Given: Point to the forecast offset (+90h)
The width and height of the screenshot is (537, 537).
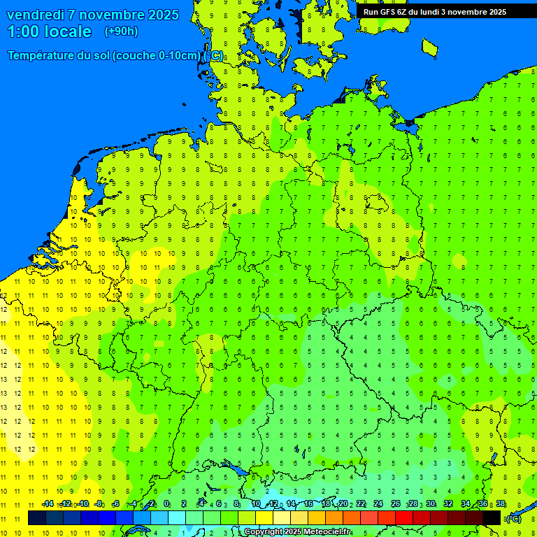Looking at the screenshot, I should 121,31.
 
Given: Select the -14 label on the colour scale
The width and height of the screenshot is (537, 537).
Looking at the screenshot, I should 47,504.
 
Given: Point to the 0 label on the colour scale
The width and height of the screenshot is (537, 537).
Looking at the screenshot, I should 166,504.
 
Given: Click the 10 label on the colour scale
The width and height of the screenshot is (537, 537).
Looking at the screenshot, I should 256,504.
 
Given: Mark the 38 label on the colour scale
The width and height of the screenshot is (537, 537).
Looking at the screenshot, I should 501,504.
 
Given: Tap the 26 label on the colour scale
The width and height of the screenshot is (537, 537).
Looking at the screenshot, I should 396,504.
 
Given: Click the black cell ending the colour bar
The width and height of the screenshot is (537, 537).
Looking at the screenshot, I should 492,517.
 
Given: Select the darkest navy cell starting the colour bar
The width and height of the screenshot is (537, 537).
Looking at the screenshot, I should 37,517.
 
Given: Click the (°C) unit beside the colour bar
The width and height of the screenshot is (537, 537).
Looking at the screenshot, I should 513,518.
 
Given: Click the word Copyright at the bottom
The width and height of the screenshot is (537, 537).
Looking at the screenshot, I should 264,532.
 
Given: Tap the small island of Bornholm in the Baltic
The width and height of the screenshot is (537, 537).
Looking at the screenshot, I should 429,47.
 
